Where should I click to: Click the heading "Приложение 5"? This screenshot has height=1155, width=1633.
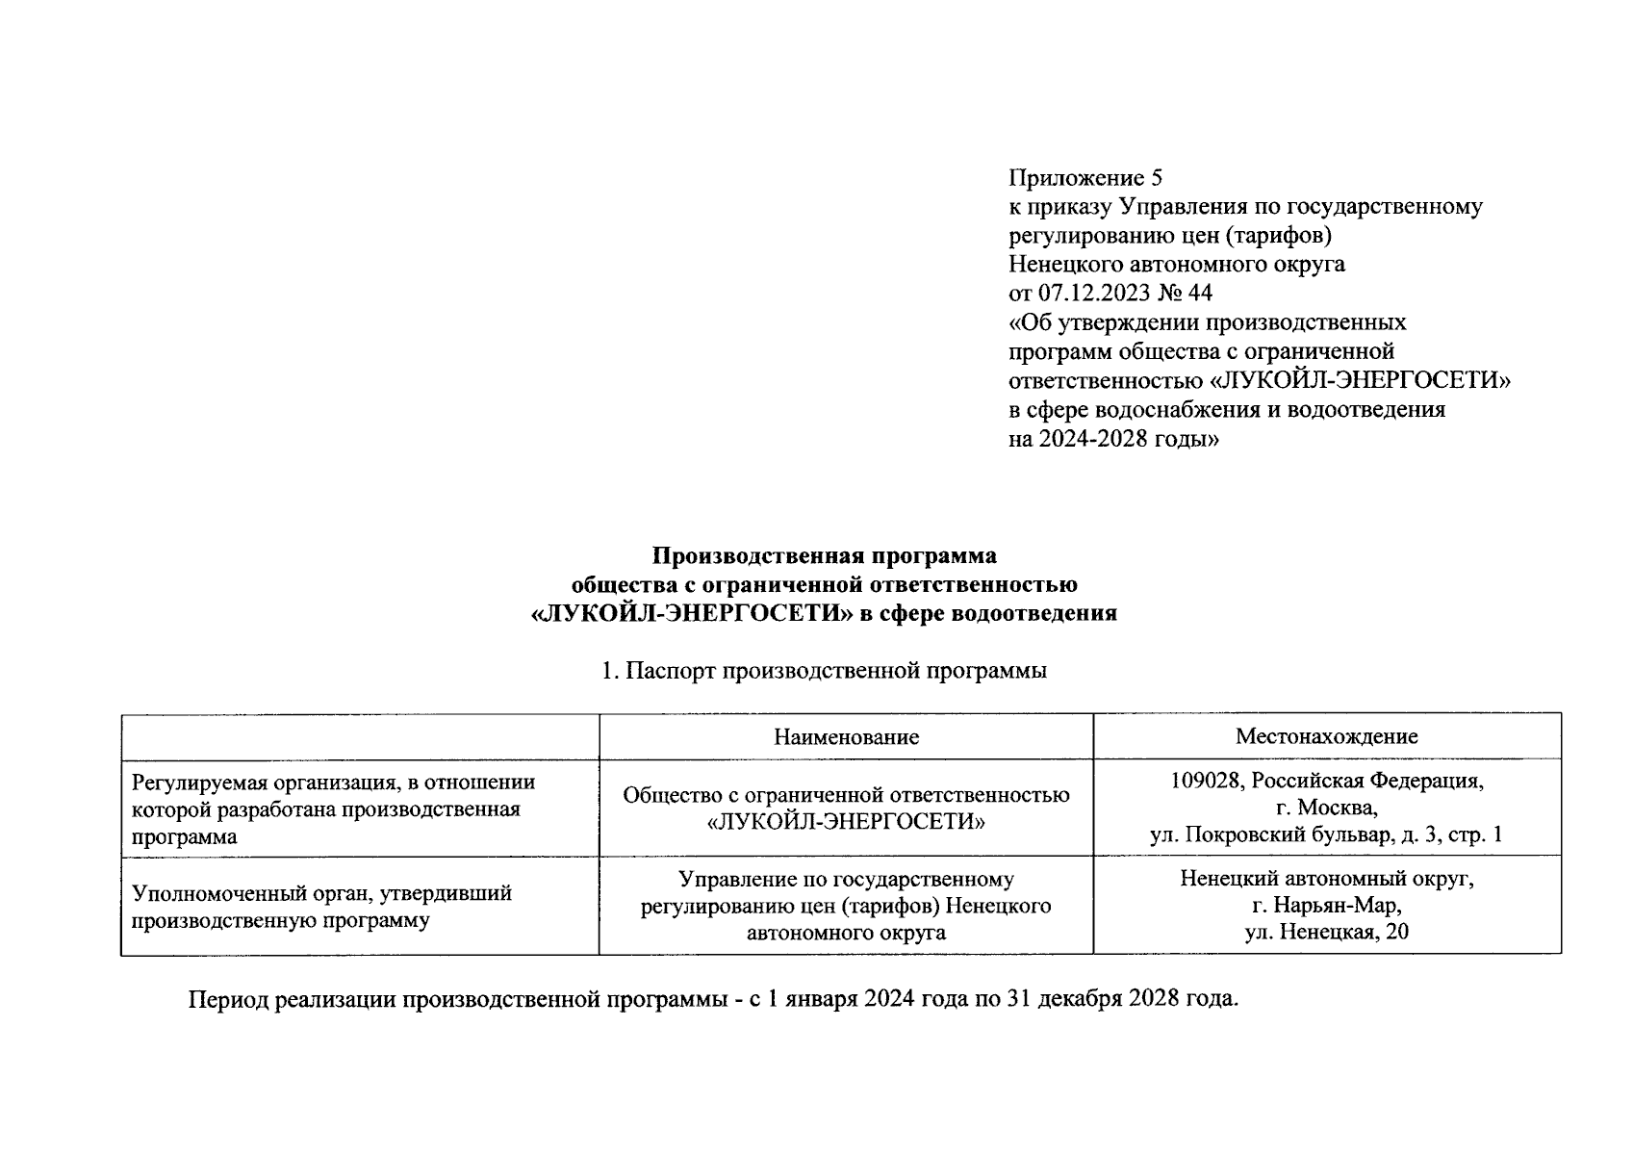[x=1084, y=178]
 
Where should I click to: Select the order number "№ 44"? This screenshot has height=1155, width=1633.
[x=1186, y=293]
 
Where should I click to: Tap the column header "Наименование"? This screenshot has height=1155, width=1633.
[x=846, y=737]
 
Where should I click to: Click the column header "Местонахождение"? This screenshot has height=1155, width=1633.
[x=1326, y=737]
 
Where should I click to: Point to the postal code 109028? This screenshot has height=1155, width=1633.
[x=1204, y=781]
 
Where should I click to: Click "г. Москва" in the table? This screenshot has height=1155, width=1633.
[x=1326, y=808]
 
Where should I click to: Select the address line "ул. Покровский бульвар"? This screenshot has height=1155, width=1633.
[x=1267, y=835]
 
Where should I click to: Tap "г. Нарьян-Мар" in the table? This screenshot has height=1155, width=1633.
[x=1326, y=906]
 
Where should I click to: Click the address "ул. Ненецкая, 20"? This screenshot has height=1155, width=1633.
[x=1326, y=933]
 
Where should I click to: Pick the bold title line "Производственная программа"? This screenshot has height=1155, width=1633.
[x=825, y=556]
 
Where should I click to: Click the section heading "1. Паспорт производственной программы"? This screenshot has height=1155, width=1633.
[x=824, y=671]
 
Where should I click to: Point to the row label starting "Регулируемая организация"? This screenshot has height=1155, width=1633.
[x=333, y=783]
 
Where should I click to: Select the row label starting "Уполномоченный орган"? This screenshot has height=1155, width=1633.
[x=321, y=893]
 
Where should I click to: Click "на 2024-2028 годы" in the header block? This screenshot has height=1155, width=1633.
[x=1113, y=439]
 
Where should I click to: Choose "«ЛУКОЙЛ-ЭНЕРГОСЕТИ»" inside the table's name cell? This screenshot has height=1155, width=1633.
[x=846, y=823]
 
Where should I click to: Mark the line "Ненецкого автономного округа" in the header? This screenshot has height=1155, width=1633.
[x=1176, y=264]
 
